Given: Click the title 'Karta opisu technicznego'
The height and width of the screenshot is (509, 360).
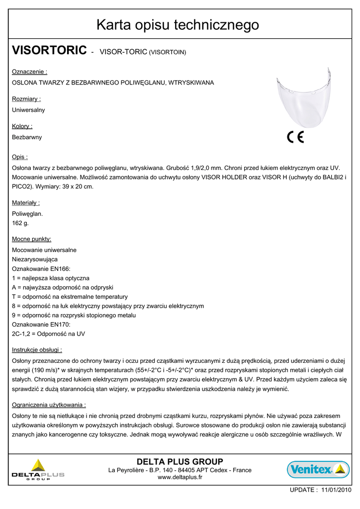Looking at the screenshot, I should pos(178,24).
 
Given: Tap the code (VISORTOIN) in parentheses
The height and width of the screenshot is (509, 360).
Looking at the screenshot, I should pos(168,52).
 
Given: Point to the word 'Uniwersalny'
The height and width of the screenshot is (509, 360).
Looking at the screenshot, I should pos(28,110).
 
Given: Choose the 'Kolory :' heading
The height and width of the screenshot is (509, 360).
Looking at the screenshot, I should pos(22,126).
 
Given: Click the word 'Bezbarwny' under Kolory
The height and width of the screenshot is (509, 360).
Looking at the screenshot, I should pos(27,137).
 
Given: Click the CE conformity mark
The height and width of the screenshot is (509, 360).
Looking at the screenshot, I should pos(296,137).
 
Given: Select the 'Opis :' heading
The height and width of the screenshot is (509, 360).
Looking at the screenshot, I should pos(20,157).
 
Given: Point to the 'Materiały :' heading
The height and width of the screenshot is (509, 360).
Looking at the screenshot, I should pos(26,203).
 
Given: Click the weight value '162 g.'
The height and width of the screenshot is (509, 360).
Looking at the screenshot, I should pos(20,223).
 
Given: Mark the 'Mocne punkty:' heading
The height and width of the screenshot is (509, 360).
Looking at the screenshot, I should pos(32,239).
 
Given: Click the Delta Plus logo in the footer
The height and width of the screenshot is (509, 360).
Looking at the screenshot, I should pos(38,470).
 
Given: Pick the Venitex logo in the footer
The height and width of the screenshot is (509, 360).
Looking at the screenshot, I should pos(318,469).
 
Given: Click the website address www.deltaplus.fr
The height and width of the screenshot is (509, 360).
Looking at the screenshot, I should pos(180,478).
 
